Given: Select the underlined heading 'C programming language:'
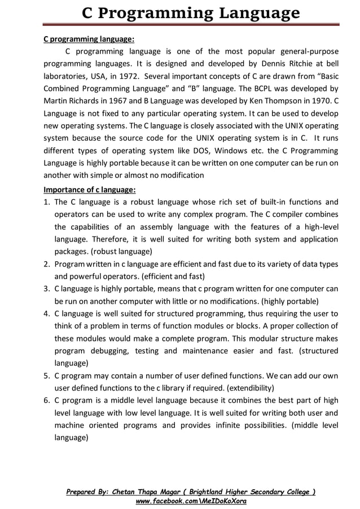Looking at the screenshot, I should [89, 40].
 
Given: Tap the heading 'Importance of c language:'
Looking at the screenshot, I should [90, 190].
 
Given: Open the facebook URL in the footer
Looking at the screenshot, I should [191, 501].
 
